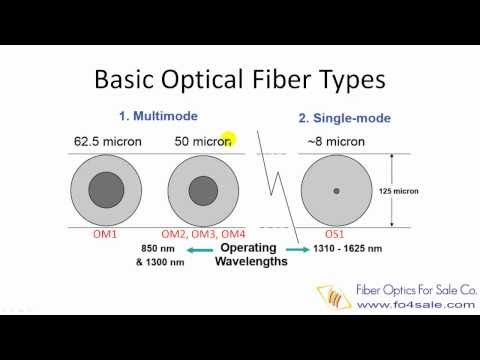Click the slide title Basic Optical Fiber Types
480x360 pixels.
tap(240, 79)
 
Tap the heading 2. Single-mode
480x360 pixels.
tap(341, 118)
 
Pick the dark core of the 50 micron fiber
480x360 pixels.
tap(203, 190)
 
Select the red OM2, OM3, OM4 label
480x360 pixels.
tap(204, 234)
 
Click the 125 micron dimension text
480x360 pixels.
tap(426, 190)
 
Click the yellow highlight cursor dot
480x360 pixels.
tap(228, 141)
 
